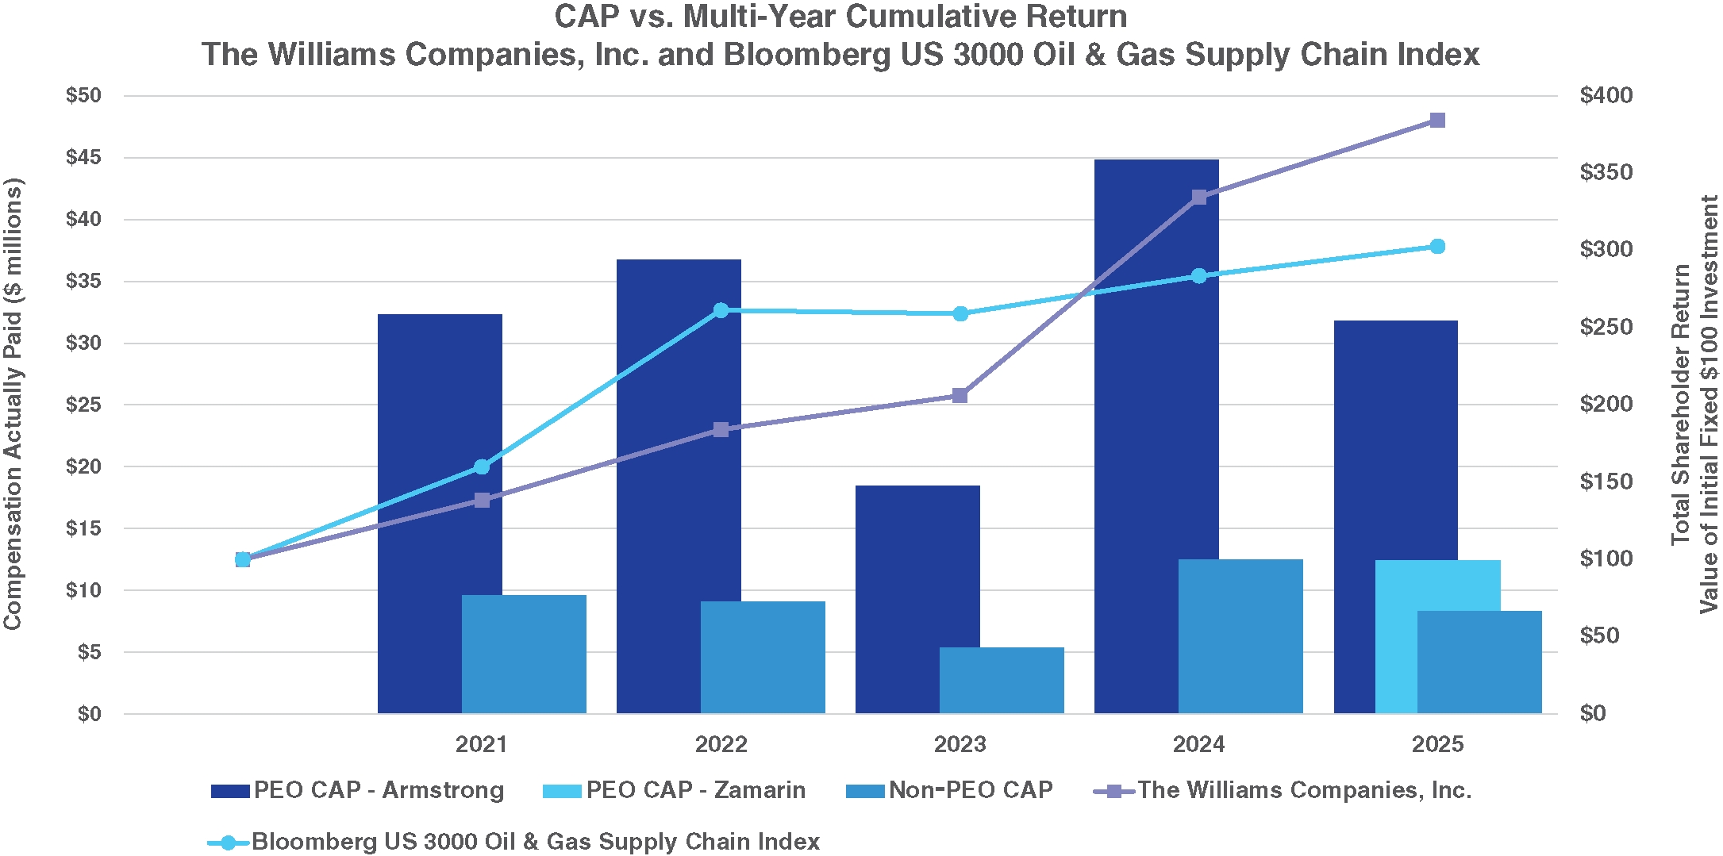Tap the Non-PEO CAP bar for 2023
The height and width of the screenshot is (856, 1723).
(1002, 681)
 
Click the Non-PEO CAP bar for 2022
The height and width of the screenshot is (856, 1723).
(763, 658)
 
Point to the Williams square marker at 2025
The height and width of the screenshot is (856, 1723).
(1437, 121)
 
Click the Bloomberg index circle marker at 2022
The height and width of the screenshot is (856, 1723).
(721, 310)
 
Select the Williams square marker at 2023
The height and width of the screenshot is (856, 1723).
(960, 396)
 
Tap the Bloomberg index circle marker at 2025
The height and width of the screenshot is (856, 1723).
(1437, 247)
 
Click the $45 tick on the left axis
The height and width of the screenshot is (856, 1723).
(83, 157)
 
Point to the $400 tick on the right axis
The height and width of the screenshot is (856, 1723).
(1606, 96)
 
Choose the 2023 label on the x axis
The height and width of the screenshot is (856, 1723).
(960, 744)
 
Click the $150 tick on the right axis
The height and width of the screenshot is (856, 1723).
(1606, 482)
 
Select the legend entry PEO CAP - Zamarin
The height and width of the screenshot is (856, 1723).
(675, 790)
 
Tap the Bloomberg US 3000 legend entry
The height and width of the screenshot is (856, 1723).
(516, 842)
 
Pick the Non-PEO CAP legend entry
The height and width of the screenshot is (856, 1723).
(950, 790)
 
